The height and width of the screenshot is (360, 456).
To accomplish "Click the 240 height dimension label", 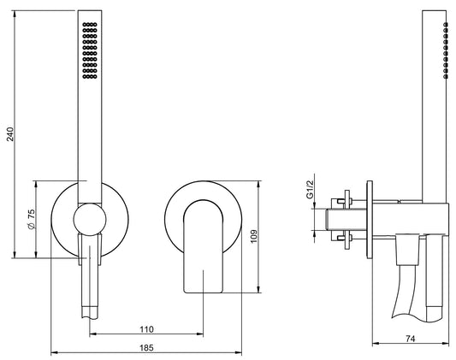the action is [x=10, y=134].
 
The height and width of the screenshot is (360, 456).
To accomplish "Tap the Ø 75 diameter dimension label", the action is [x=31, y=219].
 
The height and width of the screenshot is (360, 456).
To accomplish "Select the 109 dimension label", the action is [x=254, y=237].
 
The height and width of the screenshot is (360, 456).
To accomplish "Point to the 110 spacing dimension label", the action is [x=146, y=329].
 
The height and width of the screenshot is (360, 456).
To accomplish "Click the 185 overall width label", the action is [x=146, y=347].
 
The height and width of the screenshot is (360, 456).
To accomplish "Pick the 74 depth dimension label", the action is [x=410, y=339].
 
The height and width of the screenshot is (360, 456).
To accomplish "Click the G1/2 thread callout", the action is [x=311, y=190].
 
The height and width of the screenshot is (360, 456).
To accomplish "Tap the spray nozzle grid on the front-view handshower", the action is [x=90, y=50].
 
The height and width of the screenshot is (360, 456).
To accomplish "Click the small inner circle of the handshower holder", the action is [x=90, y=220].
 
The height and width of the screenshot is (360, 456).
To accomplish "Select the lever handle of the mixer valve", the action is [x=204, y=246].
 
